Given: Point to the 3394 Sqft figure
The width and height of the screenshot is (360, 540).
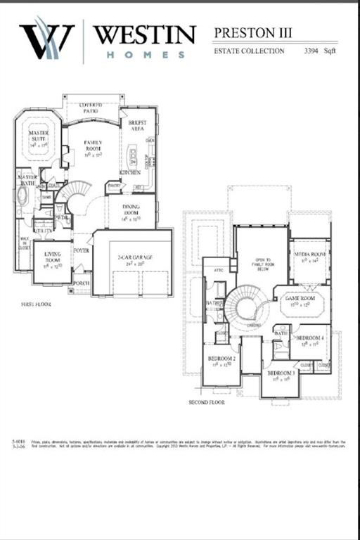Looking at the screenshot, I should click(x=321, y=51).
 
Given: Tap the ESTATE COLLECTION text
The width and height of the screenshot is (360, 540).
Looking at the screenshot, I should click(x=249, y=51).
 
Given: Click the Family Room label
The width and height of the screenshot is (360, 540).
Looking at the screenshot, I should click(x=94, y=146).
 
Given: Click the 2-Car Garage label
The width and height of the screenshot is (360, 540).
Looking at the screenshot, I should click(x=134, y=258).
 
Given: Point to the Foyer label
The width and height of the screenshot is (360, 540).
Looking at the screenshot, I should click(x=82, y=250).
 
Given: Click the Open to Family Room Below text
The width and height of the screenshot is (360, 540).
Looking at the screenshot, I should click(x=262, y=264).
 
